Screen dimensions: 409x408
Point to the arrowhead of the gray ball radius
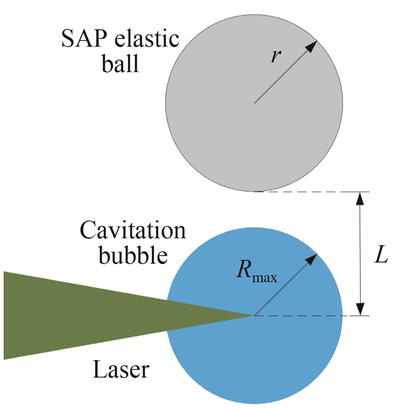tap(312, 46)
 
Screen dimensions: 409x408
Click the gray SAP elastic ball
tap(233, 134)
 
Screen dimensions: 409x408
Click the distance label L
tap(382, 257)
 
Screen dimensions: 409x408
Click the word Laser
tap(121, 368)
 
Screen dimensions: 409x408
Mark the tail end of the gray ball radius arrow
tap(255, 103)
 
